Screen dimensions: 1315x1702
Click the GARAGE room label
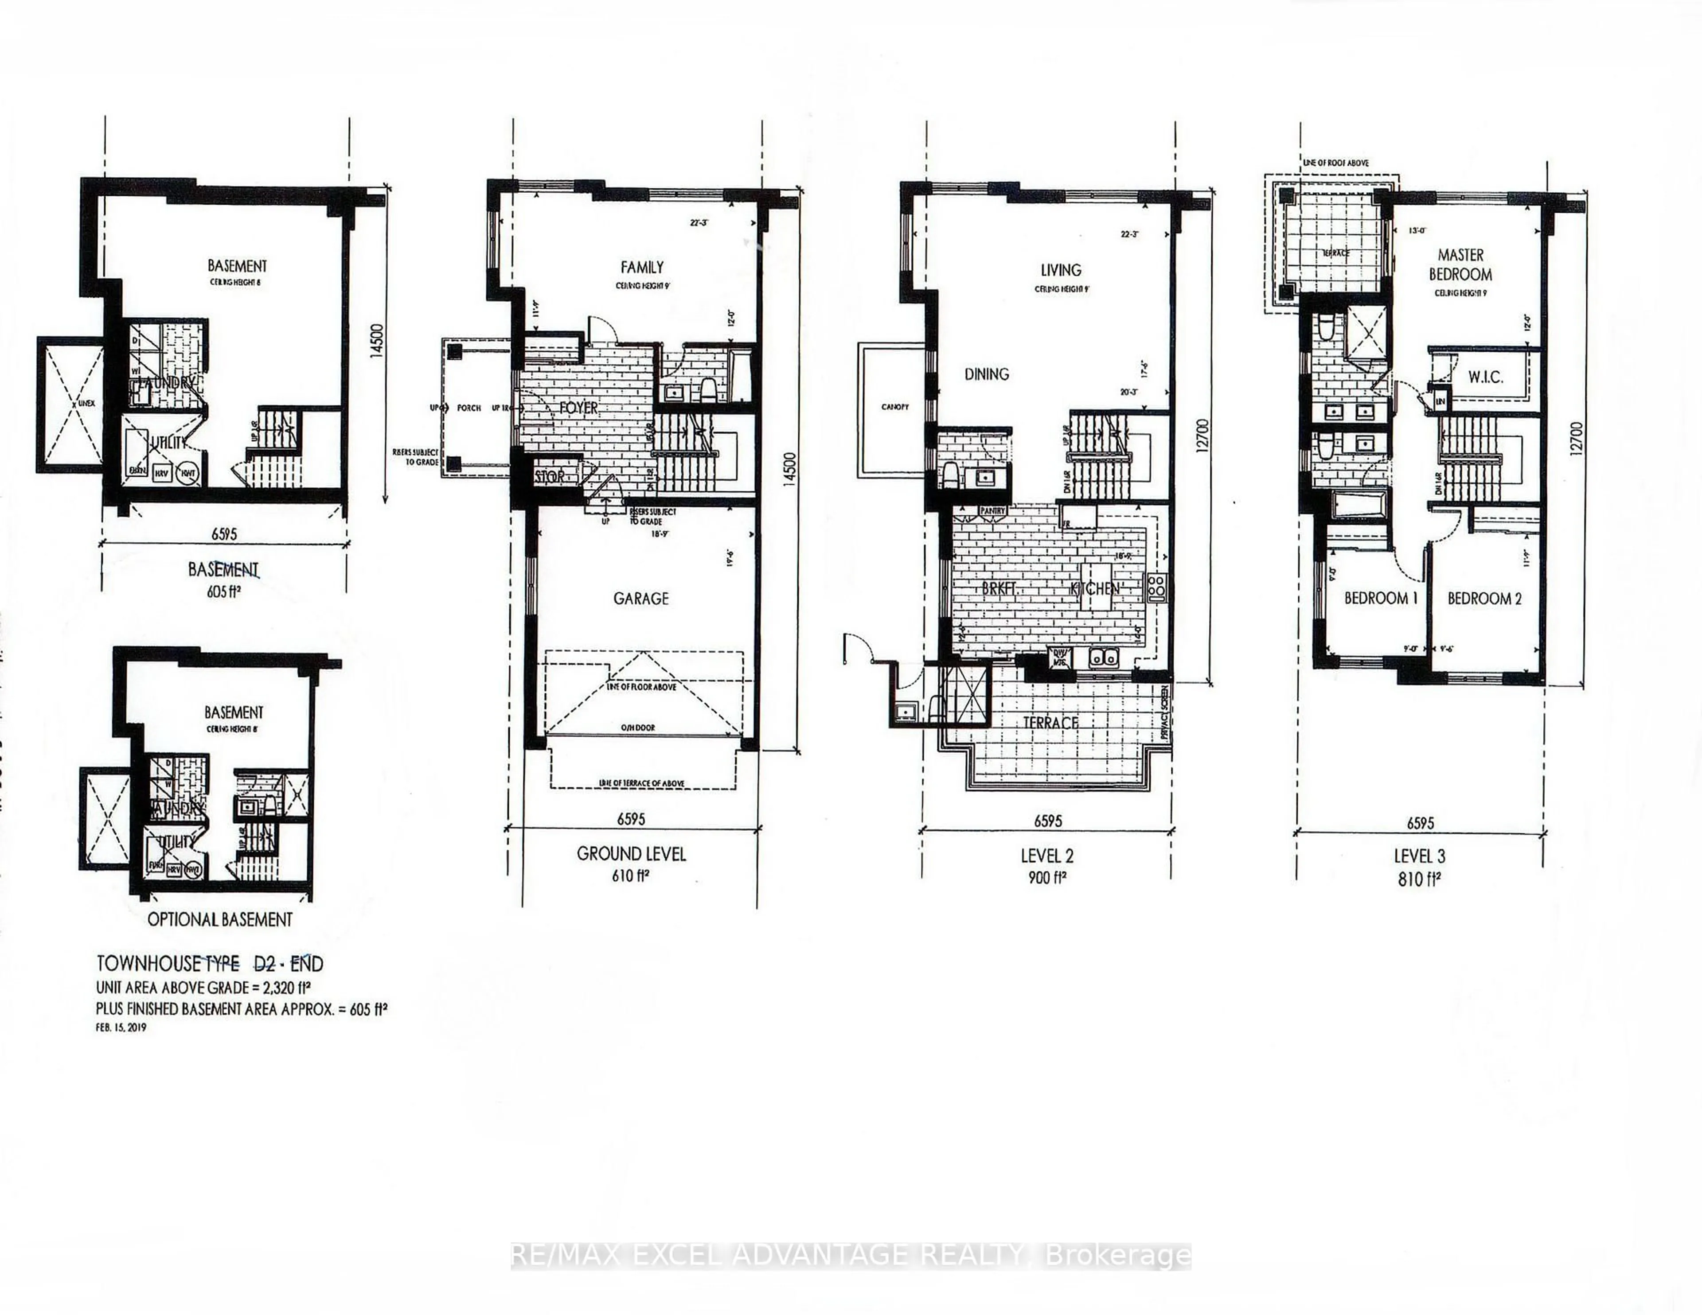(x=640, y=598)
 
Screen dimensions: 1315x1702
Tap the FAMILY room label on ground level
(x=642, y=267)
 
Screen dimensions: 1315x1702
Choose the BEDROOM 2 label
(x=1484, y=598)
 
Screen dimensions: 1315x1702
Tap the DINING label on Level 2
(x=987, y=374)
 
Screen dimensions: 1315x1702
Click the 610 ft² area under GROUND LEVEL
(x=631, y=875)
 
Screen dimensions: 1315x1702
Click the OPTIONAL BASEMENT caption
(x=220, y=919)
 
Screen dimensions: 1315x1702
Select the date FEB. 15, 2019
(x=121, y=1027)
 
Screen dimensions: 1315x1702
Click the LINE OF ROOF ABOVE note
(x=1336, y=163)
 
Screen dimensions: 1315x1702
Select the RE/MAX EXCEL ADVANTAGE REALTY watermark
(x=851, y=1255)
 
